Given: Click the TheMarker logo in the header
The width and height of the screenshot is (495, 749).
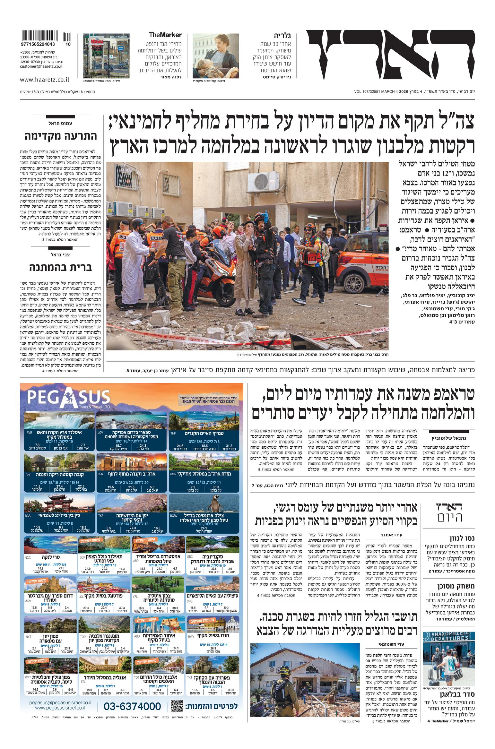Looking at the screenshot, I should point(165,35).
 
